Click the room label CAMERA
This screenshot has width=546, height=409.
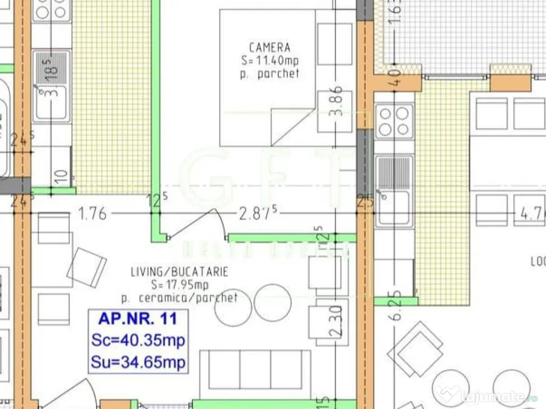pos(270,48)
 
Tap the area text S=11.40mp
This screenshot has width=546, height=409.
pos(270,61)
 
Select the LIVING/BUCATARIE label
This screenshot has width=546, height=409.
pos(180,272)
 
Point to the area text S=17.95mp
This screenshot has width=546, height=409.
pos(180,285)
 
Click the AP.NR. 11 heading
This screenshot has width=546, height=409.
pos(137,319)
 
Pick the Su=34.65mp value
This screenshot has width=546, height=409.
pos(138,363)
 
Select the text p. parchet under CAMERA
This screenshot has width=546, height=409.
pos(270,74)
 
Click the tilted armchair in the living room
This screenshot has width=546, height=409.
pos(86,267)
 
